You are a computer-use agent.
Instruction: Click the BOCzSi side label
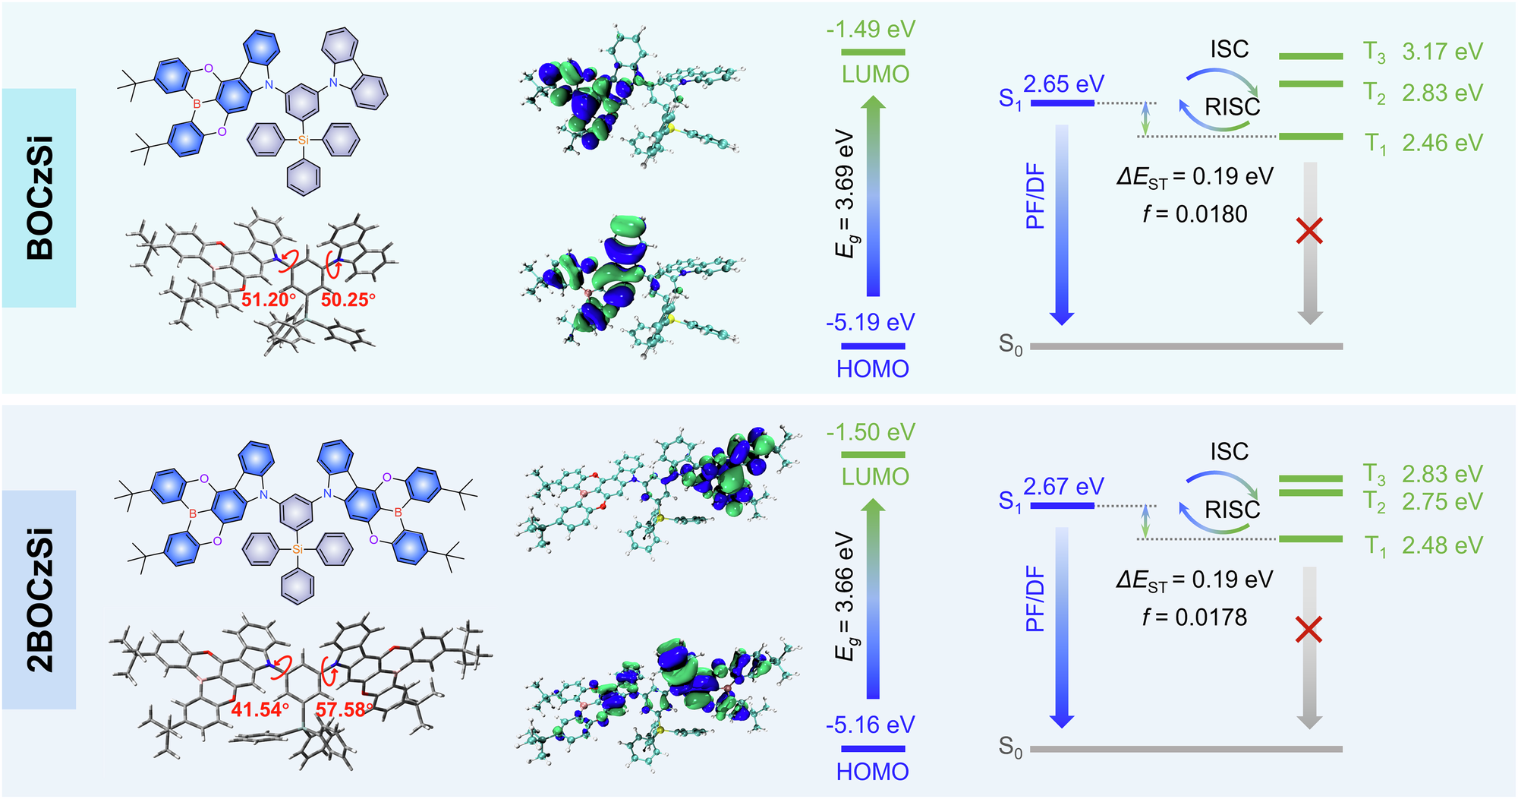point(39,197)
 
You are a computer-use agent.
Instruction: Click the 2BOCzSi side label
point(39,600)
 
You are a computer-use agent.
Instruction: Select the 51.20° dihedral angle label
point(268,300)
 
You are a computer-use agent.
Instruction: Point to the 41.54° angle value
point(260,710)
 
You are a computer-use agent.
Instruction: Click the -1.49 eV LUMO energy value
point(871,30)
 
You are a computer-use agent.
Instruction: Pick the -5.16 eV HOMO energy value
point(871,725)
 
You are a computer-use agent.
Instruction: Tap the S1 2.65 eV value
point(1063,84)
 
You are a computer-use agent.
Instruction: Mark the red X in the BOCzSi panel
point(1310,230)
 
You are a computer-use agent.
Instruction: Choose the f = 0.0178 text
point(1195,617)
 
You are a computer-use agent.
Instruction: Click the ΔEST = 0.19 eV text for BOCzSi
point(1195,177)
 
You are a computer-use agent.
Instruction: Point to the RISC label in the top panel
point(1232,107)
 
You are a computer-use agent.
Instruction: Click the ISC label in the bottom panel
point(1229,452)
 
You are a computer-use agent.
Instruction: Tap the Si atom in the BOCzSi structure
point(304,140)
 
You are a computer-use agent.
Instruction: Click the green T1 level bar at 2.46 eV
point(1311,137)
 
